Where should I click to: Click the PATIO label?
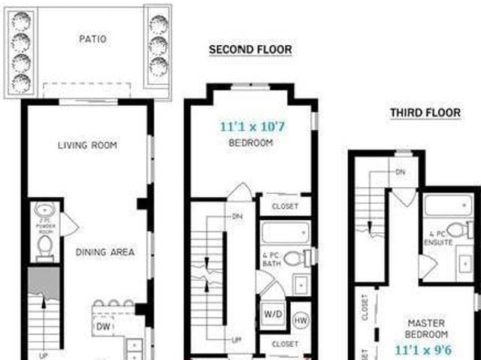tap(93, 38)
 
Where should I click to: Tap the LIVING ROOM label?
tap(87, 145)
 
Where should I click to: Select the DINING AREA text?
tap(105, 252)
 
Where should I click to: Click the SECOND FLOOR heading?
tap(250, 50)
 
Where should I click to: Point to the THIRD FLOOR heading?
tap(425, 113)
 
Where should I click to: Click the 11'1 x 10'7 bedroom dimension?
tap(254, 127)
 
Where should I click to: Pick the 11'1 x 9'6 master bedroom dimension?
tap(425, 349)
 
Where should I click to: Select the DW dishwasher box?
tap(104, 327)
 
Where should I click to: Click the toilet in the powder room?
tap(44, 246)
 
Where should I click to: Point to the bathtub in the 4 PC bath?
tap(285, 232)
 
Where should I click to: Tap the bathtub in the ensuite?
tap(447, 205)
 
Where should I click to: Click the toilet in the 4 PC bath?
tap(295, 258)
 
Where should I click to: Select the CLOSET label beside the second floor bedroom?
tap(285, 206)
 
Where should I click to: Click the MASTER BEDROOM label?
tap(427, 328)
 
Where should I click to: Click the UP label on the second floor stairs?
tap(236, 340)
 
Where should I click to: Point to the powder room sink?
tap(44, 210)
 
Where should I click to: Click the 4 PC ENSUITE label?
tap(438, 239)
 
